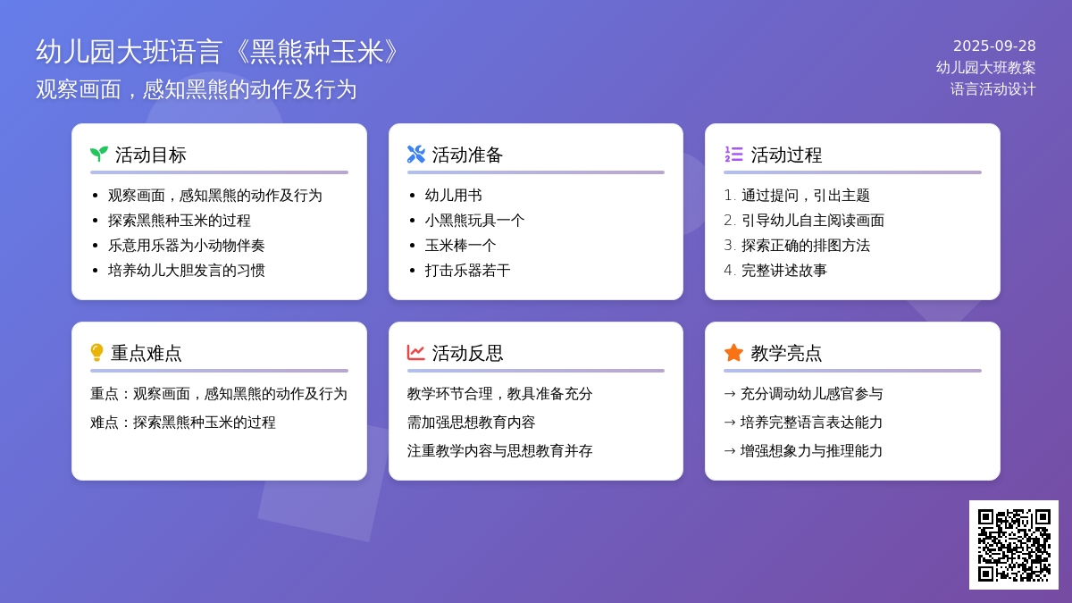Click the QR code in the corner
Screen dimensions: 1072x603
pos(1014,545)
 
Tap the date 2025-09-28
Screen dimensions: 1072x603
pos(994,46)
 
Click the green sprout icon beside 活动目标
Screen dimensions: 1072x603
pos(99,154)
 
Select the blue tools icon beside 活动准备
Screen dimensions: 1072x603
pos(416,154)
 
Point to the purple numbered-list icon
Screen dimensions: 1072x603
pos(733,154)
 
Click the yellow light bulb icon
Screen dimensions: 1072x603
pos(96,353)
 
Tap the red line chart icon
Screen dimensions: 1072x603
pos(416,353)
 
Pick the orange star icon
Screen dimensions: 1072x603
pos(733,353)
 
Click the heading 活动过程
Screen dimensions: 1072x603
pos(786,155)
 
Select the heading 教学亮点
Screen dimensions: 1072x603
pos(786,353)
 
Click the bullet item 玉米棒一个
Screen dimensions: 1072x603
pos(460,246)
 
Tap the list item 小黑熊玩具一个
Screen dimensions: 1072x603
pos(474,221)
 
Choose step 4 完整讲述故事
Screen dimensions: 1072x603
pos(775,271)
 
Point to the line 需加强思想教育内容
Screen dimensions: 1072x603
pos(471,422)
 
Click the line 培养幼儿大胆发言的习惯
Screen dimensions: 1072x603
pos(187,271)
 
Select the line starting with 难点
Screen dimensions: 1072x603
pos(183,422)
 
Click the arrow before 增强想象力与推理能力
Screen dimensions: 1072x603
pos(730,451)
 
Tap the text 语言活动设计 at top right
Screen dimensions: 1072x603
pos(993,89)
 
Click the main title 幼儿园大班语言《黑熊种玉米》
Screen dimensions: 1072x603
pos(218,52)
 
